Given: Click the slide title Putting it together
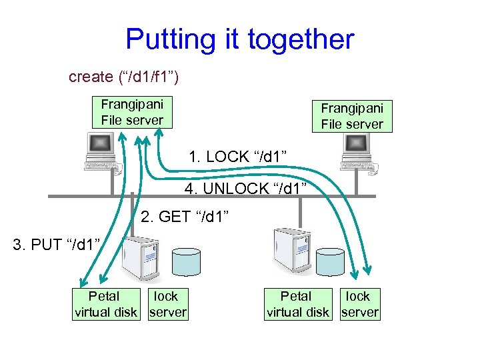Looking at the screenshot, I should (x=239, y=39).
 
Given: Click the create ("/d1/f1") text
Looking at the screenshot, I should (x=123, y=77).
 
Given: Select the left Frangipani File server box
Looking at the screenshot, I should (x=132, y=112).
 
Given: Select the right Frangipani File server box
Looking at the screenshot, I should (x=352, y=116).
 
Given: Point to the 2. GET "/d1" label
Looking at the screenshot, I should (x=185, y=217).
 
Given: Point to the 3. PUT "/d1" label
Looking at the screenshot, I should (x=57, y=245).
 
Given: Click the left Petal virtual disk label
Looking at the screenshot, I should (x=105, y=303).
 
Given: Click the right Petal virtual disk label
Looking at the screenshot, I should (x=297, y=303).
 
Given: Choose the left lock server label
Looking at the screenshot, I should (x=167, y=303).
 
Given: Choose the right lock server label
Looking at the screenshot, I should (x=359, y=303).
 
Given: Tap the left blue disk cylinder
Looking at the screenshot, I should (x=187, y=263).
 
